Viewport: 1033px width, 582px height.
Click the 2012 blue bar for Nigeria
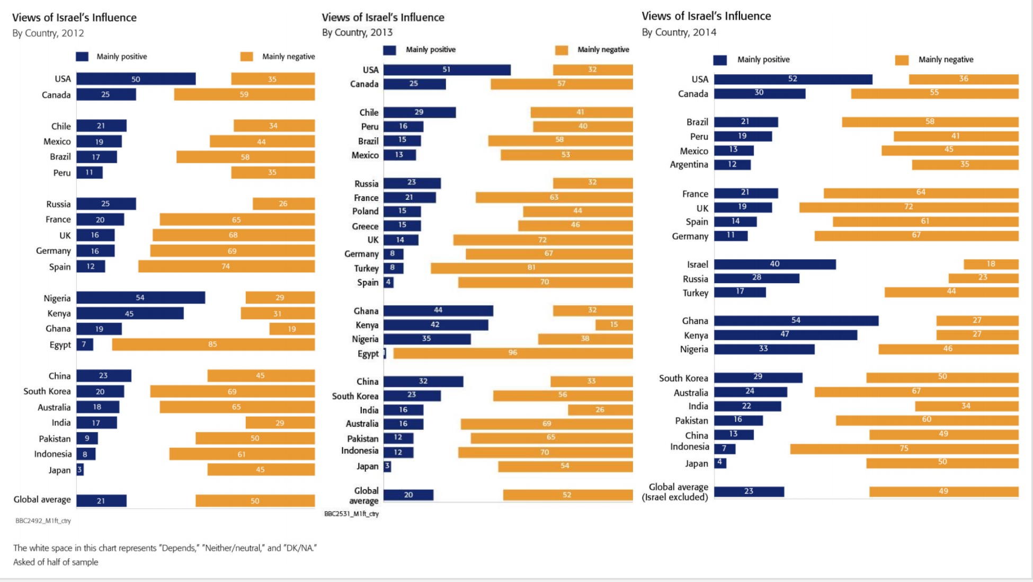(x=140, y=298)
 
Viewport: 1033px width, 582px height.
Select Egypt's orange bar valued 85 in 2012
(x=213, y=345)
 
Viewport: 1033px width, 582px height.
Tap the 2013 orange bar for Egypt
(x=513, y=353)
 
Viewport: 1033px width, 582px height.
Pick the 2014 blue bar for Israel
(x=774, y=264)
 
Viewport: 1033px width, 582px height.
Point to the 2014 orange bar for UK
(x=909, y=207)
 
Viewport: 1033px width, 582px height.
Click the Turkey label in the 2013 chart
(x=366, y=268)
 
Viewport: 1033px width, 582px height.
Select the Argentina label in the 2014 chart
(x=689, y=164)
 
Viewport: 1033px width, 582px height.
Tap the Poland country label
(x=365, y=211)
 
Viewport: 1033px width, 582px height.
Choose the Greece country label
(x=365, y=226)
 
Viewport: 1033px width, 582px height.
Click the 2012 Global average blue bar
(x=101, y=501)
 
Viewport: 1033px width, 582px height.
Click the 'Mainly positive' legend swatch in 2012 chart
(x=82, y=57)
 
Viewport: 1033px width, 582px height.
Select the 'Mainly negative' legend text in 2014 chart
(x=946, y=59)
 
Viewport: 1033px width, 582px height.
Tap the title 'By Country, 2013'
(x=357, y=32)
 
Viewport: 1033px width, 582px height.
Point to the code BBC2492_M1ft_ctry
(x=43, y=521)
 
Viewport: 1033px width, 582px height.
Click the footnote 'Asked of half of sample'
(x=56, y=562)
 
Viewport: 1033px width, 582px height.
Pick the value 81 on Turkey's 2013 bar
(x=531, y=268)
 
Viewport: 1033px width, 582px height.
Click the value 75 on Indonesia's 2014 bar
(x=904, y=448)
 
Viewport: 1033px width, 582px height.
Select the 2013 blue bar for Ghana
(x=438, y=311)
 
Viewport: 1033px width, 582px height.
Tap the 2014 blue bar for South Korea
(x=758, y=377)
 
